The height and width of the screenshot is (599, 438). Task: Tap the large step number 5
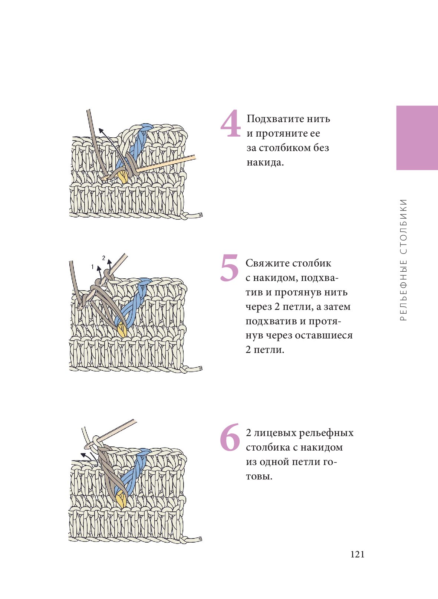[x=229, y=268]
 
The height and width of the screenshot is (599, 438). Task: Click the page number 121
[x=357, y=554]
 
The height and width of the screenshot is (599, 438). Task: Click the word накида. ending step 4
[x=265, y=162]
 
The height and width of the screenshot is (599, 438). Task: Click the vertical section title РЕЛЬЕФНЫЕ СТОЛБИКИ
[x=404, y=260]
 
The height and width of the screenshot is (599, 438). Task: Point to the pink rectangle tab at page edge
[x=417, y=138]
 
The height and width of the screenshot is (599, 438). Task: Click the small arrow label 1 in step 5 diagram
[x=92, y=266]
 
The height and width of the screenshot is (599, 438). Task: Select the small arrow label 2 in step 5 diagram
[x=104, y=258]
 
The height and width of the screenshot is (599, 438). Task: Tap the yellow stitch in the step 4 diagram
[x=124, y=177]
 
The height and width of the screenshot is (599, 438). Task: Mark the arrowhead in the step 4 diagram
[x=101, y=131]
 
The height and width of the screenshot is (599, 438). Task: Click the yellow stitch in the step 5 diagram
[x=123, y=331]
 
